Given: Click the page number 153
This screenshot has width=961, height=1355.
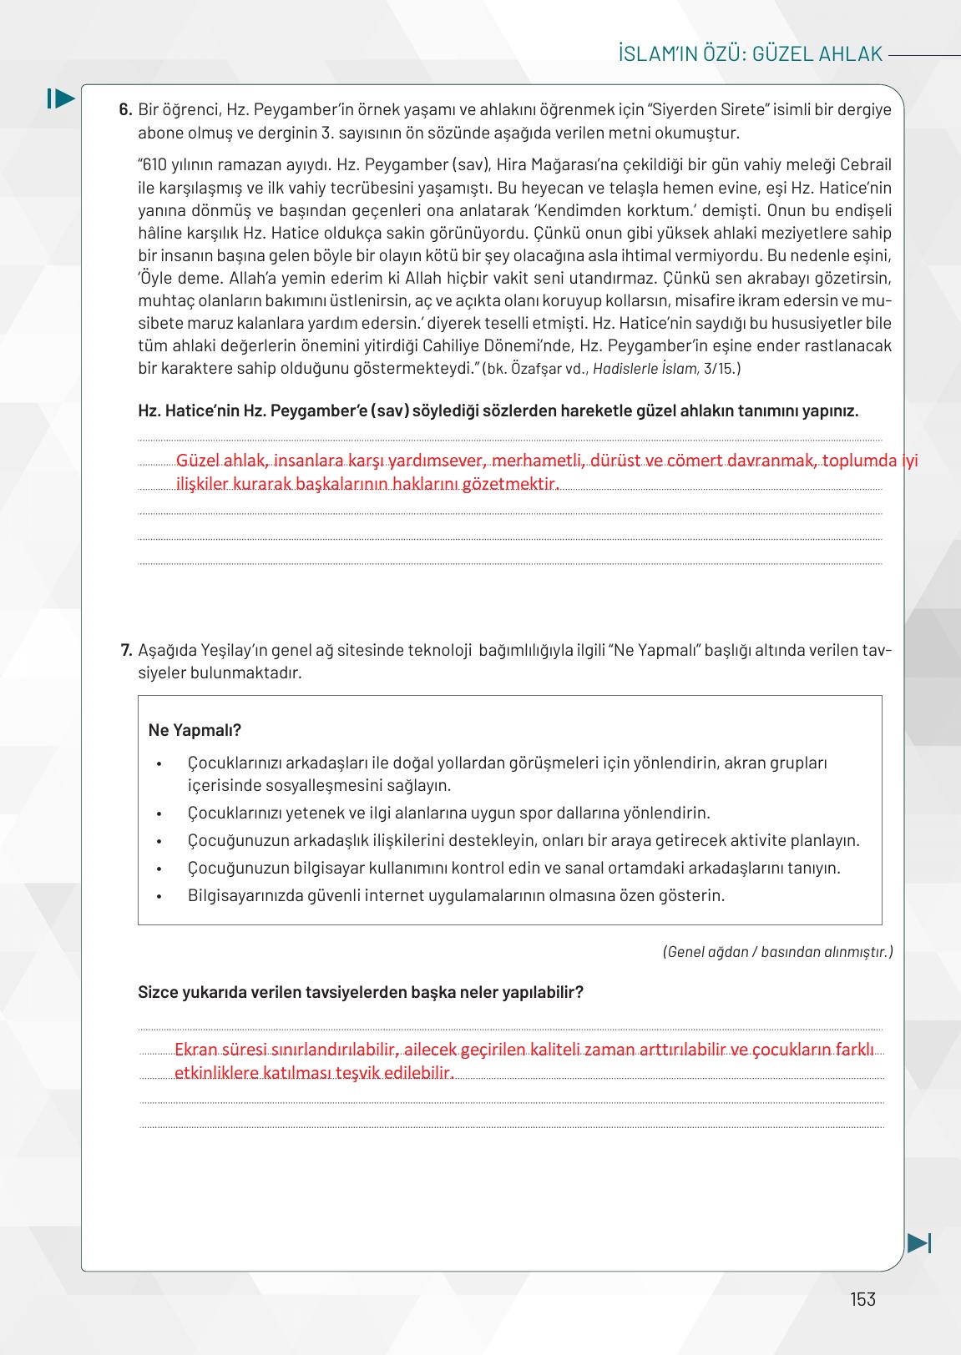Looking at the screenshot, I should [x=862, y=1299].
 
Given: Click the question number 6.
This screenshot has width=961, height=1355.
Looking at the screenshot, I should [x=125, y=109].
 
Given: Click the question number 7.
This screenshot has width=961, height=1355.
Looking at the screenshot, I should [x=126, y=650].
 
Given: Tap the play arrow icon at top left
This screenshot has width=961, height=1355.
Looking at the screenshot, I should [x=61, y=98].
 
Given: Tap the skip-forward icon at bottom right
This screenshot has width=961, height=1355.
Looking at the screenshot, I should [x=919, y=1242].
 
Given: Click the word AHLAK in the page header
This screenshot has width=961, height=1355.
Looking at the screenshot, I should [x=851, y=54].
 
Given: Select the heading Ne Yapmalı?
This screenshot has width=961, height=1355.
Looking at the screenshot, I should [x=195, y=730].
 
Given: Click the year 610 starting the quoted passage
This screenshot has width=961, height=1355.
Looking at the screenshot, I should [x=155, y=164].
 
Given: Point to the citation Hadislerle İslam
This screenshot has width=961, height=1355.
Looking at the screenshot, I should [x=645, y=368].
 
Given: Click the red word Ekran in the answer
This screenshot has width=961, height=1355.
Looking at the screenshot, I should [x=196, y=1050].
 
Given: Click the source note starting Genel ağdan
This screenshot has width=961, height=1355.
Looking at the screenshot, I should [x=777, y=952].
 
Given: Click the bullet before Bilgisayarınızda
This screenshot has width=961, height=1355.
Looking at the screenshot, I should [x=159, y=896].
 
